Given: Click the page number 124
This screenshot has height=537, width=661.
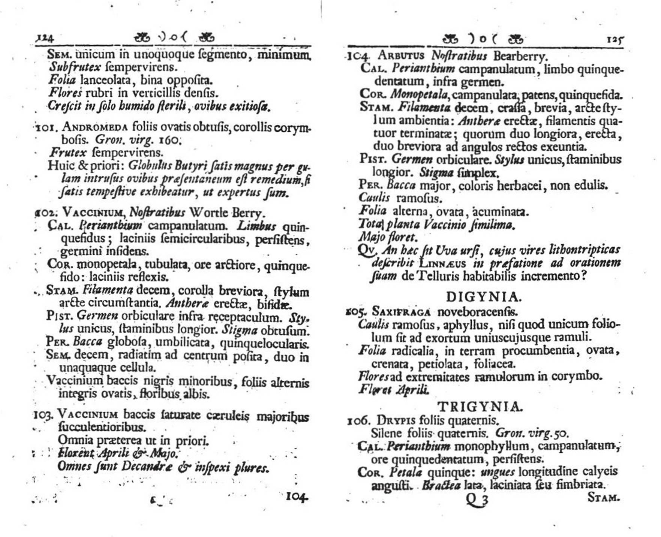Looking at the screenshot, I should [45, 38].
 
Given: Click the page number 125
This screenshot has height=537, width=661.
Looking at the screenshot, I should [615, 40].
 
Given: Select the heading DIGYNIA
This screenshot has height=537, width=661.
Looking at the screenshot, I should [484, 297].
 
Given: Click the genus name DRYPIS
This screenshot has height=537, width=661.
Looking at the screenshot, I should [396, 420].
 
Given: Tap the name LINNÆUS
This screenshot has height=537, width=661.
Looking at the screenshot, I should [442, 263].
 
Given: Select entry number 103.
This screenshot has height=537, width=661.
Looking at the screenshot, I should [45, 415].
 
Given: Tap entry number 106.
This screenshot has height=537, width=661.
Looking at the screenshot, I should [359, 420].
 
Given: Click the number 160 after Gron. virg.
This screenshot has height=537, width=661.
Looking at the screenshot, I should [170, 140].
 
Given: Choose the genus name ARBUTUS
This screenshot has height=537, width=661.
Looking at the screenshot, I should [401, 55].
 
